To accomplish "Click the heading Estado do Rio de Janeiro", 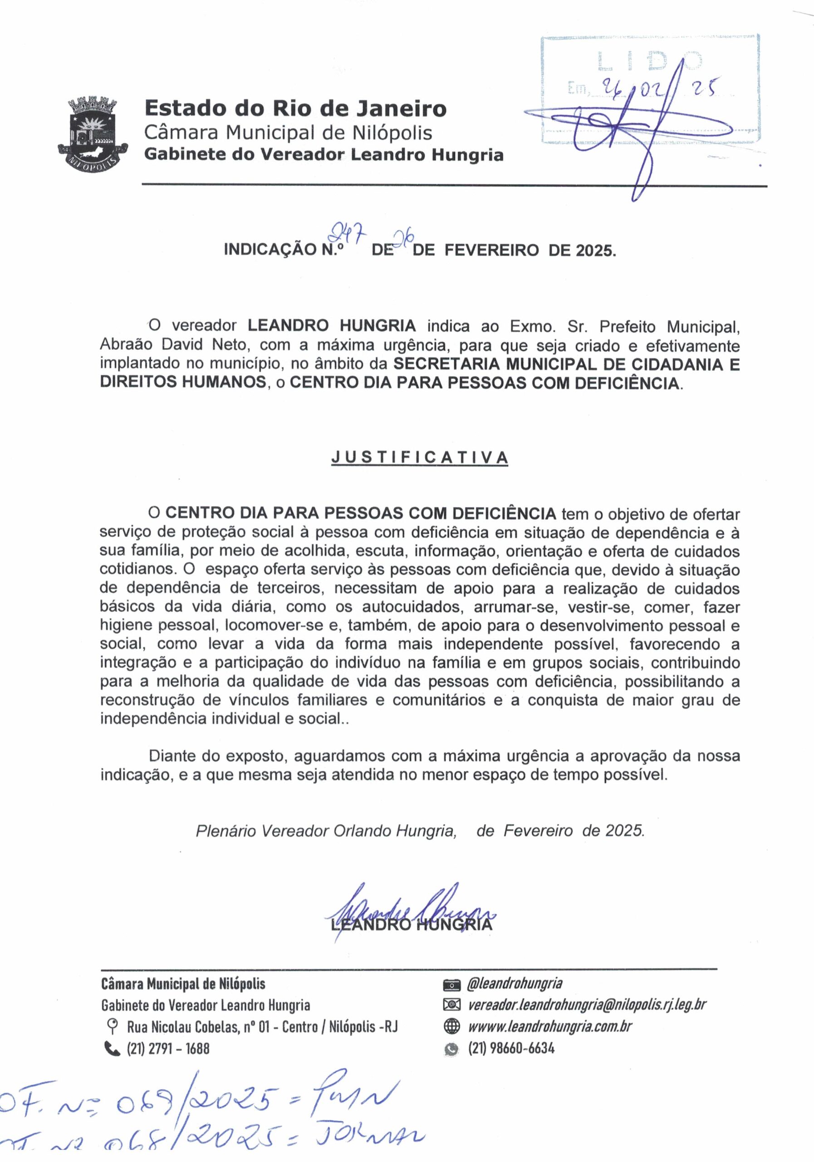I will point(295,109).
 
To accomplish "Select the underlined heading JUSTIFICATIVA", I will point(419,457).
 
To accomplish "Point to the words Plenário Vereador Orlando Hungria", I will point(326,831).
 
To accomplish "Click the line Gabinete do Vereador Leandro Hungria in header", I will point(324,154).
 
